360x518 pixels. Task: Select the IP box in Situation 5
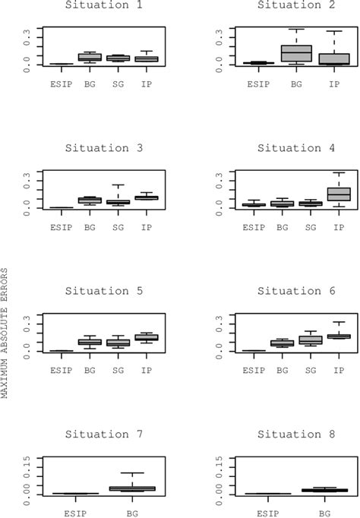(x=146, y=337)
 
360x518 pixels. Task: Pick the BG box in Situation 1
(x=90, y=57)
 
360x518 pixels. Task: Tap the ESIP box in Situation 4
(x=254, y=204)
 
